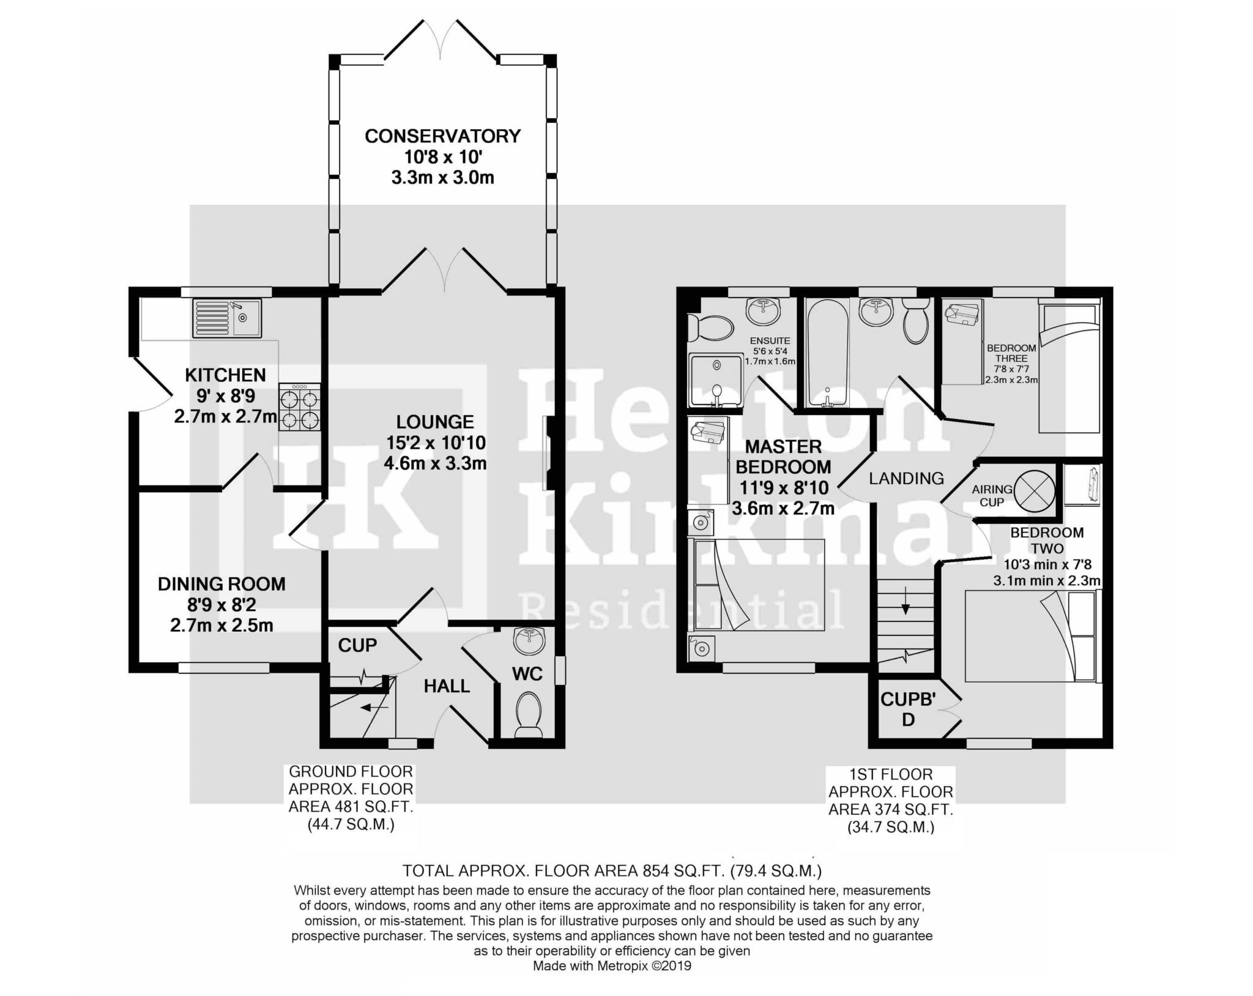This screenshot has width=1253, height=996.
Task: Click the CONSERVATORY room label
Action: tap(442, 136)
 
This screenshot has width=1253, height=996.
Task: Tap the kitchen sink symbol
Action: tap(226, 318)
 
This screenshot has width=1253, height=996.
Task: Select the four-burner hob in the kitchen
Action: tap(300, 406)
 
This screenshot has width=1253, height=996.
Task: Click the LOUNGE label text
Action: tap(435, 422)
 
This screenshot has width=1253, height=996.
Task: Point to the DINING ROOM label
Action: tap(221, 584)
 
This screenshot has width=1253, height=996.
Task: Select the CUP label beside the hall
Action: tap(357, 645)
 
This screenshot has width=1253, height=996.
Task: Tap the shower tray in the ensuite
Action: tap(715, 381)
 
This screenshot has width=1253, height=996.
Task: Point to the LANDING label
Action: tap(906, 478)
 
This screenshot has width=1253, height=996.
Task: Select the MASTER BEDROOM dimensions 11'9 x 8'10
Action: tap(783, 487)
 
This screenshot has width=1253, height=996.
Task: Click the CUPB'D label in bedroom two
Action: tap(908, 708)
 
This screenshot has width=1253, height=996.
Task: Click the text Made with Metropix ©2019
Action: tap(612, 966)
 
